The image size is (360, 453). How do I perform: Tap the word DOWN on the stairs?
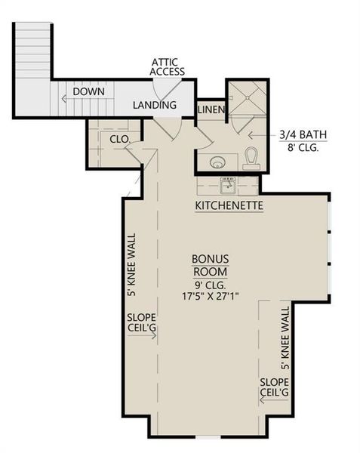(x=89, y=92)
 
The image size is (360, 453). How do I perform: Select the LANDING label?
(x=155, y=106)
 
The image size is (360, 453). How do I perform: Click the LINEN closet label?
(x=211, y=110)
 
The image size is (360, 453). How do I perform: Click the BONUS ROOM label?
(x=205, y=267)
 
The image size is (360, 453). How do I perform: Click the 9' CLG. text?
(x=205, y=285)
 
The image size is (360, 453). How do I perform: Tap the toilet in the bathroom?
(x=251, y=159)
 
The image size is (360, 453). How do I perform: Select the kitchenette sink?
(x=226, y=184)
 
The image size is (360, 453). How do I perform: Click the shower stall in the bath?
(x=247, y=98)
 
